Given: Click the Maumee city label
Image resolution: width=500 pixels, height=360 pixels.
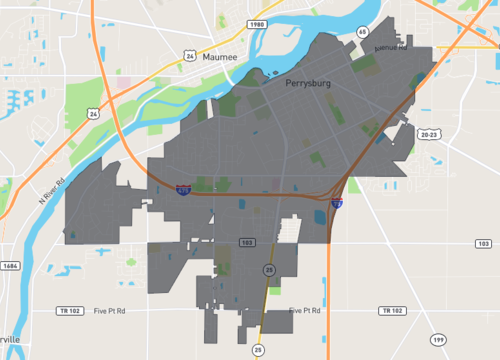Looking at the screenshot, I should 220,58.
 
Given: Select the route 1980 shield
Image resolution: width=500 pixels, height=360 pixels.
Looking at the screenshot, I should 257,23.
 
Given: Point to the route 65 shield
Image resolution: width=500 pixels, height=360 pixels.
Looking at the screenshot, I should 390,33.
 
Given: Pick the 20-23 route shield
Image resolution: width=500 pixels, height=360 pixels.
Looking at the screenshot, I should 430,133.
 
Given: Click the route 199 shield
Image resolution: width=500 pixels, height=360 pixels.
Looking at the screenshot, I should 437,342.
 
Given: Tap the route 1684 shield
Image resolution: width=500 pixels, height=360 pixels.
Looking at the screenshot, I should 9,266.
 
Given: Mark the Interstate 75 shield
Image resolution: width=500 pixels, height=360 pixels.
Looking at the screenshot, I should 337,203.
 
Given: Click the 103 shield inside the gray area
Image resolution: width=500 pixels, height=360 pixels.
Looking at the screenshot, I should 247,243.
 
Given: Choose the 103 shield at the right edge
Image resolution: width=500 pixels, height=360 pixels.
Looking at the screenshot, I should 484,243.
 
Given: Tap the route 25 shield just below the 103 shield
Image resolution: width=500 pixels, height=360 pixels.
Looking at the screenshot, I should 269,270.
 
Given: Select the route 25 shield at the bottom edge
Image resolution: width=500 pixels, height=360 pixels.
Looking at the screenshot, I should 259,349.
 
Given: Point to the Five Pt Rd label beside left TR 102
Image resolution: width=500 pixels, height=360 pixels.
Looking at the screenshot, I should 109,311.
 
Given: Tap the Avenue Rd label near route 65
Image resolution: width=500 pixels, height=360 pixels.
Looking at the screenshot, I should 392,48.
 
